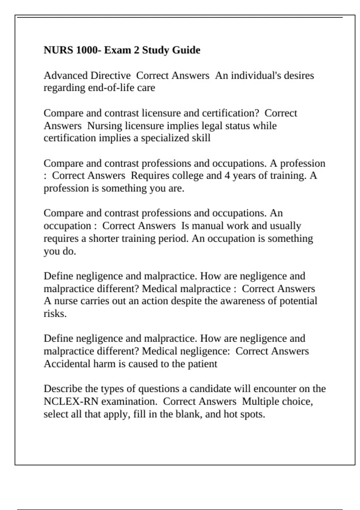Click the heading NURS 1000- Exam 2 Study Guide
click(x=122, y=50)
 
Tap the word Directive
click(x=110, y=75)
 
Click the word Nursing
click(x=105, y=126)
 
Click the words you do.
click(x=60, y=251)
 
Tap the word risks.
click(x=55, y=314)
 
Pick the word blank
click(x=189, y=414)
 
